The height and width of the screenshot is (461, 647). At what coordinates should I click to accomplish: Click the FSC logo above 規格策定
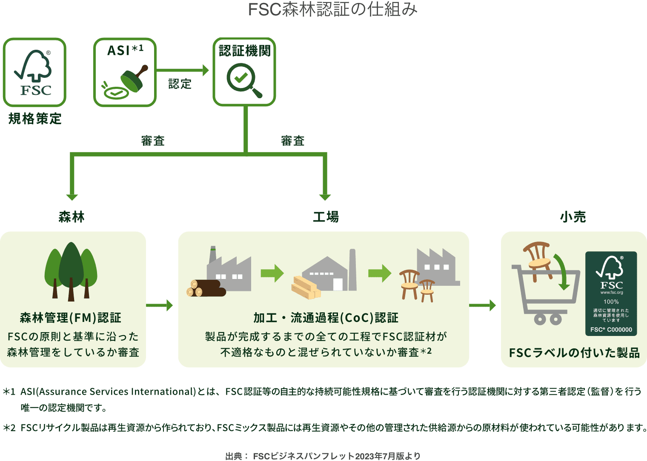34,72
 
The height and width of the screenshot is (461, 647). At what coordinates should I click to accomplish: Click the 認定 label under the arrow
180,84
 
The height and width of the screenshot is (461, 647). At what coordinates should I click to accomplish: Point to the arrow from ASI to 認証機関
183,70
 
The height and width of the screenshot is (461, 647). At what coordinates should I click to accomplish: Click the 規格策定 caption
35,119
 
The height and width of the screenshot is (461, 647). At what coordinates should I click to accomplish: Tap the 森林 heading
72,217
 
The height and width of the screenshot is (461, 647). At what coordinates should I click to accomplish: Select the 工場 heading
326,217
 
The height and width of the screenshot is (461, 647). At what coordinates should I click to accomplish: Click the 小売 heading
573,217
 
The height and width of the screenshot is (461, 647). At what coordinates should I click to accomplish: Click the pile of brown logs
206,288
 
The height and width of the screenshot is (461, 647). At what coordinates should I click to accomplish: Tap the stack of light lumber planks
306,287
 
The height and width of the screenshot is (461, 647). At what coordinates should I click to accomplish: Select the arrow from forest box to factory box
160,305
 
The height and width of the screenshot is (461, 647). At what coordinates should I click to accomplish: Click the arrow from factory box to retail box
483,305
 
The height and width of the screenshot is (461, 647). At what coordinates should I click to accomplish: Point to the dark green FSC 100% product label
611,293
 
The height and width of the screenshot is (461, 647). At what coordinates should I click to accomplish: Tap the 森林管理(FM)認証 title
71,318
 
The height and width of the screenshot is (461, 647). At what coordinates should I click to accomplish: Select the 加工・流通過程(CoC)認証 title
326,318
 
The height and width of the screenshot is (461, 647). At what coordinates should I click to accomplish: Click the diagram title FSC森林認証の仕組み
332,9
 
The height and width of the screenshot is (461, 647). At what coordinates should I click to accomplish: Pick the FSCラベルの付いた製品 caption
574,353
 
